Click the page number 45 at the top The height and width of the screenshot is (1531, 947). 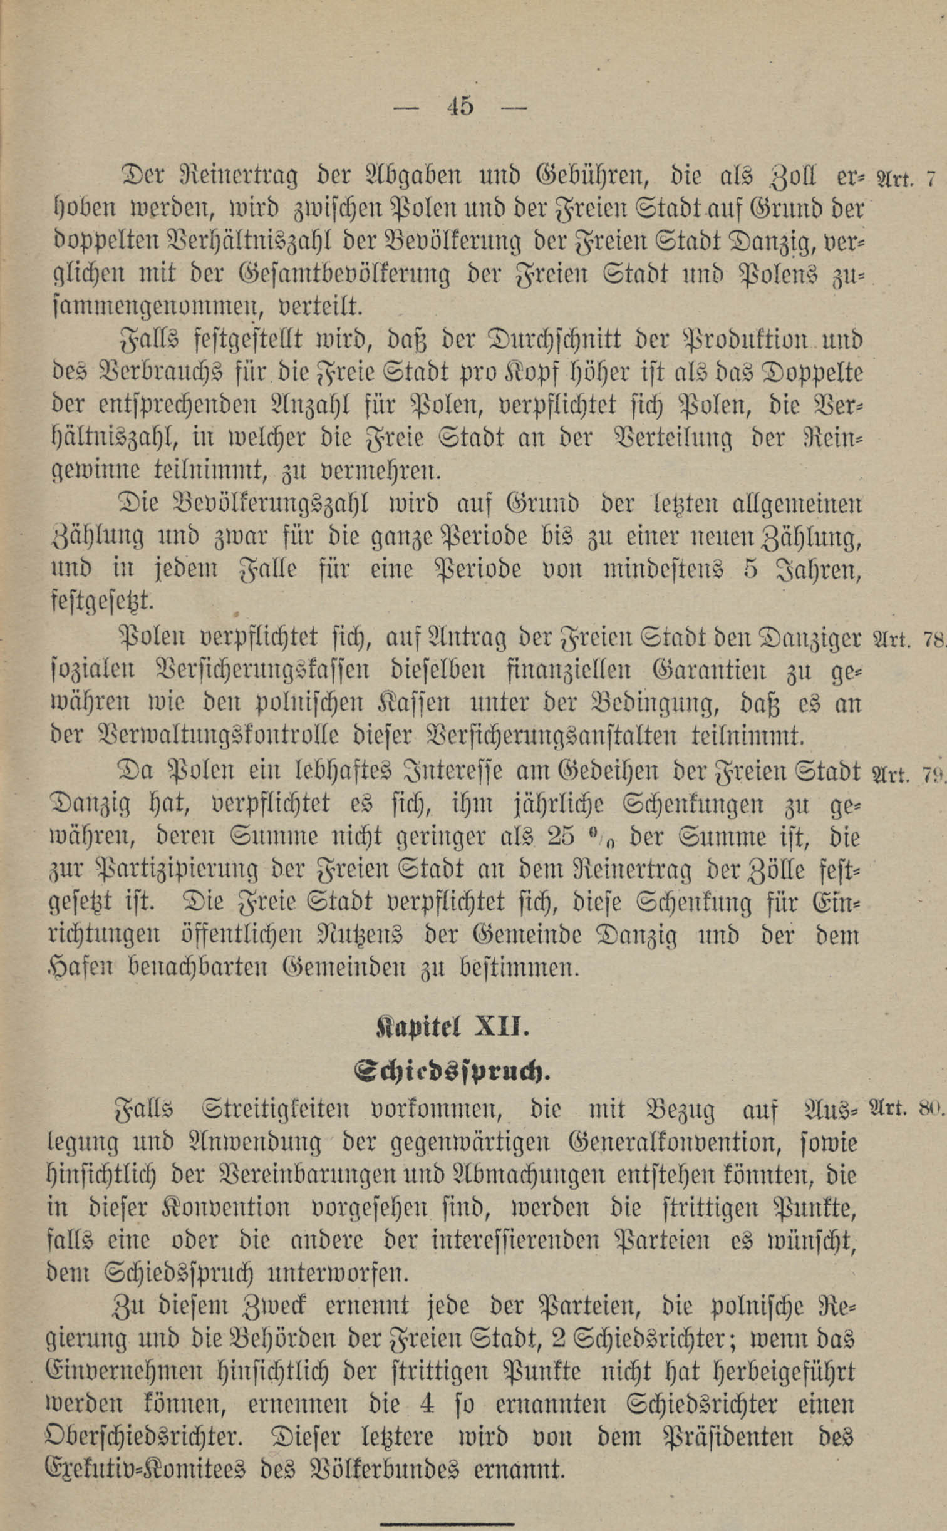[x=460, y=106]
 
